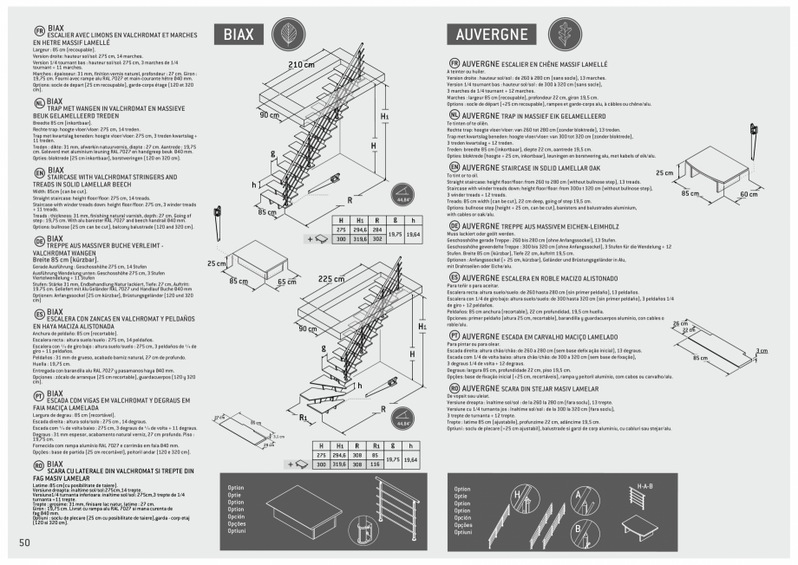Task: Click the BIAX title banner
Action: (x=239, y=35)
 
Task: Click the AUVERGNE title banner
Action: (x=491, y=35)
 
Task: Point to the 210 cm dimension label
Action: (x=300, y=66)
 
